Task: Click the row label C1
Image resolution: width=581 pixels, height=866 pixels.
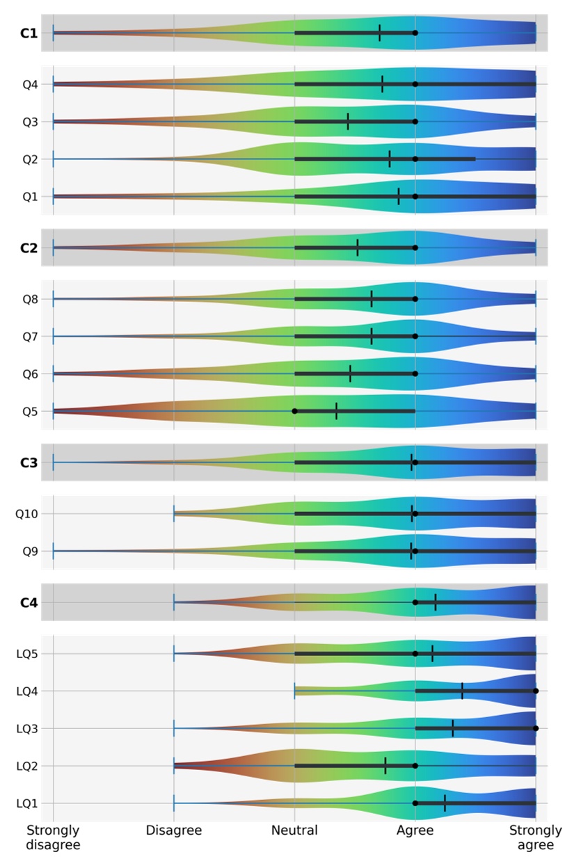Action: click(x=29, y=33)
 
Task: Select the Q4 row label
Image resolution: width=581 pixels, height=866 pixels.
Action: click(x=29, y=84)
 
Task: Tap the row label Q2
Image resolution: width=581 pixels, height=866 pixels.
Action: click(x=29, y=159)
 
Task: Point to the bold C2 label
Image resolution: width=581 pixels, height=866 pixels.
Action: click(x=29, y=248)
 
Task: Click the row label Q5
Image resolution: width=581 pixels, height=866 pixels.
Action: click(x=29, y=411)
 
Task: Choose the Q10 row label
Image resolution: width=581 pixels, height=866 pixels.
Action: click(x=26, y=514)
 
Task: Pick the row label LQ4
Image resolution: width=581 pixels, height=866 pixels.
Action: click(x=26, y=691)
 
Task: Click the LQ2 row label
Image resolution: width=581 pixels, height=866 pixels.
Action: click(x=26, y=766)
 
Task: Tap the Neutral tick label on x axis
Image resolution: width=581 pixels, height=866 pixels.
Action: click(x=294, y=831)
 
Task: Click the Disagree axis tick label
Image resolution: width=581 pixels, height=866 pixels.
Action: click(x=174, y=831)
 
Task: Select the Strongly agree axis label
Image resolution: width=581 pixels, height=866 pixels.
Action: click(x=535, y=837)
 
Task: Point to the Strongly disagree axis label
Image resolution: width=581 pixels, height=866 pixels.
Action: click(x=54, y=837)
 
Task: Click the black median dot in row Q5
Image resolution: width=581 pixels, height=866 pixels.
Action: click(x=294, y=411)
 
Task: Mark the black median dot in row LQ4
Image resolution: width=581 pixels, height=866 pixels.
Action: click(x=536, y=691)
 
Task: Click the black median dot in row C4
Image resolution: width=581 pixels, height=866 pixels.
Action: click(x=415, y=602)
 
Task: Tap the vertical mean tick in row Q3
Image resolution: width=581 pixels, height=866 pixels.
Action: click(x=348, y=122)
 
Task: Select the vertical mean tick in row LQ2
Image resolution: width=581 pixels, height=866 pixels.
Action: click(x=385, y=766)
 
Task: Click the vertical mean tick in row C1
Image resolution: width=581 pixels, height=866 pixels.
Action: click(x=379, y=33)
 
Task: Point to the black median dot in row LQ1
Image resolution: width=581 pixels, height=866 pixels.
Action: click(x=415, y=803)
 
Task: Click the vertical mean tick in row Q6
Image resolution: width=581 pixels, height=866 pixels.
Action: click(x=350, y=374)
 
